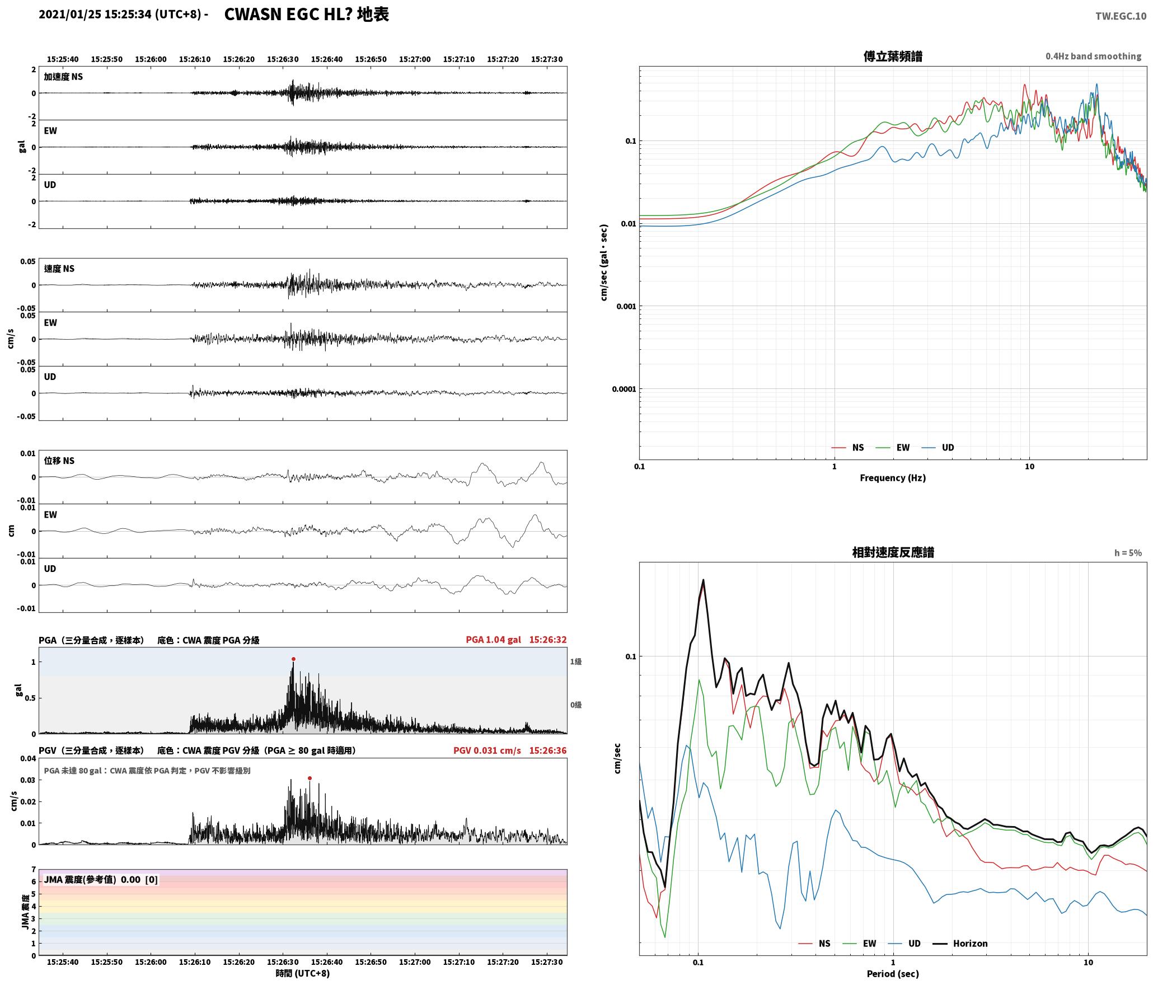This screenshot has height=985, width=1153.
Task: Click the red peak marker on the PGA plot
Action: click(293, 659)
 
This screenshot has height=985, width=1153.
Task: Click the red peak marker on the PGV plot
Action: click(310, 778)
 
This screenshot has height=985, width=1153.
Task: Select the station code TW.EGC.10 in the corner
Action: click(1121, 16)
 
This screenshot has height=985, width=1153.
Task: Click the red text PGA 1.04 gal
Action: click(493, 640)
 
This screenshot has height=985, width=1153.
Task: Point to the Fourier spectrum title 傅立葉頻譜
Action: click(893, 57)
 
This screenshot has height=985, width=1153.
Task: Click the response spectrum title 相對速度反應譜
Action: click(893, 552)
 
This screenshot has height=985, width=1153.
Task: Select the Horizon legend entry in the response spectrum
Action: click(960, 944)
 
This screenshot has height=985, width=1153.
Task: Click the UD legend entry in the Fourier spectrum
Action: click(938, 448)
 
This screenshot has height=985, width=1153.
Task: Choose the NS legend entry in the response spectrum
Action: click(814, 944)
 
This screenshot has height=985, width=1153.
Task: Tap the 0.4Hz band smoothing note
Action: click(1093, 57)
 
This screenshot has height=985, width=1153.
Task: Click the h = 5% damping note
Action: click(1128, 553)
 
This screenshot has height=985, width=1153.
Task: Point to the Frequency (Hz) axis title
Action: click(893, 478)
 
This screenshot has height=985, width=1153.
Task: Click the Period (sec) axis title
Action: click(893, 974)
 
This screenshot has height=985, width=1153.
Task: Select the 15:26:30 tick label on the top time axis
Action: click(283, 59)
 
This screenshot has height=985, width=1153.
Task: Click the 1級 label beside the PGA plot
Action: click(576, 662)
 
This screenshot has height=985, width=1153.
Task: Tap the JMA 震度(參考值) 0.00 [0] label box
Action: click(101, 880)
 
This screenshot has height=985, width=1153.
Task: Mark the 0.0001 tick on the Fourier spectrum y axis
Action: click(624, 389)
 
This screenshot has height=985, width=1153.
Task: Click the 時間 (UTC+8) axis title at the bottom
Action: click(303, 973)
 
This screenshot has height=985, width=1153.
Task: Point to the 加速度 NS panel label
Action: click(63, 77)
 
